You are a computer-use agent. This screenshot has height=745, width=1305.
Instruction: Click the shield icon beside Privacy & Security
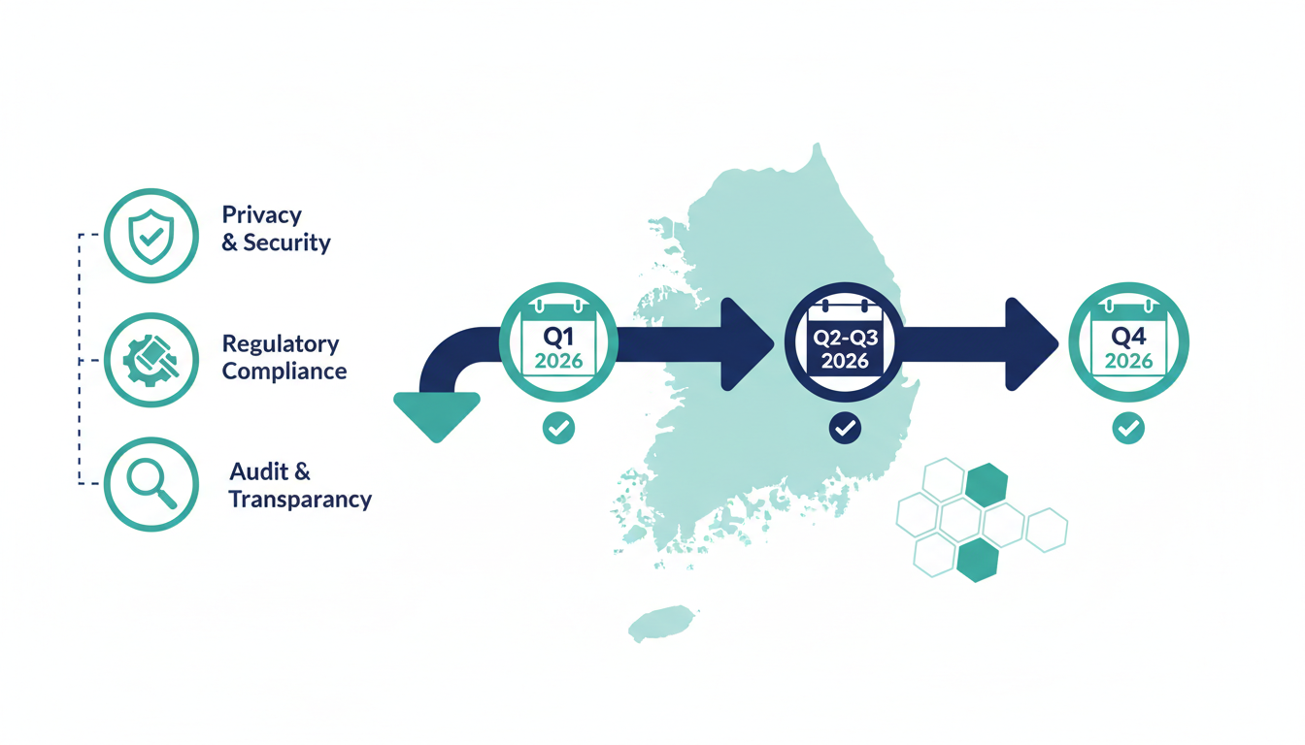[x=151, y=235]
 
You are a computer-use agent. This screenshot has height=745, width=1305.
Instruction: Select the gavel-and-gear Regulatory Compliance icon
[x=151, y=359]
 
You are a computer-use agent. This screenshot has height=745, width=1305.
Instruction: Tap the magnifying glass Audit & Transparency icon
[x=151, y=483]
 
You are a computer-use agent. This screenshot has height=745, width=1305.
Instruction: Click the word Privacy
[x=262, y=215]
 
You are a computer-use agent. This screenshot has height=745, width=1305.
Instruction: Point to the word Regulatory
[x=281, y=344]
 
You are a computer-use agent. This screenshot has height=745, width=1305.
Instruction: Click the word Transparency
[x=300, y=500]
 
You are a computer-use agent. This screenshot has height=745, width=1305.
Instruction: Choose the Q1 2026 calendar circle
[x=557, y=342]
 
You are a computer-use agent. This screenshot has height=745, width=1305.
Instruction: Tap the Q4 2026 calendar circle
[x=1128, y=342]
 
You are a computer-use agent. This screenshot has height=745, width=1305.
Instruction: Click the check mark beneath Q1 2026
[x=558, y=428]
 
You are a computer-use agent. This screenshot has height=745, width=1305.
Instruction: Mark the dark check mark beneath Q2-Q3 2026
[x=845, y=428]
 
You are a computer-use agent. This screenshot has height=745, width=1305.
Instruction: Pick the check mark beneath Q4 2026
[x=1128, y=428]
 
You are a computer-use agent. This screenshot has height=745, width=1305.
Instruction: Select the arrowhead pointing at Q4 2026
[x=1031, y=344]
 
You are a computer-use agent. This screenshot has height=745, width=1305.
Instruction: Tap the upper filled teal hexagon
[x=987, y=484]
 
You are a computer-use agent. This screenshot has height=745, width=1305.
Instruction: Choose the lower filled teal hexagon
[x=977, y=560]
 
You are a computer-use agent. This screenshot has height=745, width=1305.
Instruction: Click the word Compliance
[x=284, y=371]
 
